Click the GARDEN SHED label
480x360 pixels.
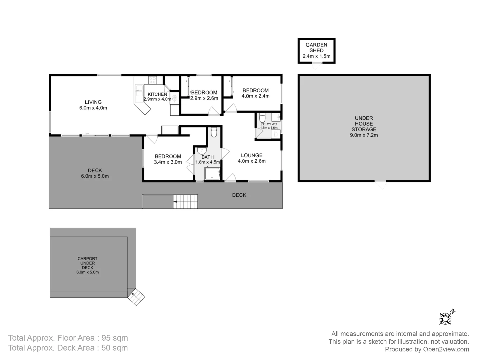(316, 47)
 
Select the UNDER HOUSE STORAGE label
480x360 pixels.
(364, 124)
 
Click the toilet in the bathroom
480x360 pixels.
(214, 133)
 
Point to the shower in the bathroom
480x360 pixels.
(212, 174)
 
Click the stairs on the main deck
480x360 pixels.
(185, 202)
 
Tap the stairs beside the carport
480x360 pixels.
(137, 297)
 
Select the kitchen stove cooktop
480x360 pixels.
(152, 80)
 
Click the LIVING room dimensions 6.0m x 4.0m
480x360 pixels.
(93, 108)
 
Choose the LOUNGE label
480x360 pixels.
(252, 155)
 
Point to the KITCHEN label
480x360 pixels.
(157, 94)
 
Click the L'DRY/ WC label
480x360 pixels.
(269, 124)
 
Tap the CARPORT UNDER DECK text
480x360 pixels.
(88, 263)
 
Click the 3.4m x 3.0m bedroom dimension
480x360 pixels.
(168, 162)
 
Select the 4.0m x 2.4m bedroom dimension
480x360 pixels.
(256, 96)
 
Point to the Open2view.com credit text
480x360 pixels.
(446, 349)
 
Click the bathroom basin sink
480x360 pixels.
(202, 151)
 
